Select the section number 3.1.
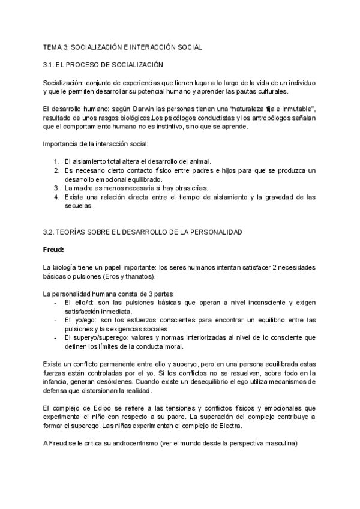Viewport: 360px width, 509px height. [49, 64]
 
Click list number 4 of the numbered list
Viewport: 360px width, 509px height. [56, 197]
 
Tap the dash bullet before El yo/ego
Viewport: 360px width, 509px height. [55, 321]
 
